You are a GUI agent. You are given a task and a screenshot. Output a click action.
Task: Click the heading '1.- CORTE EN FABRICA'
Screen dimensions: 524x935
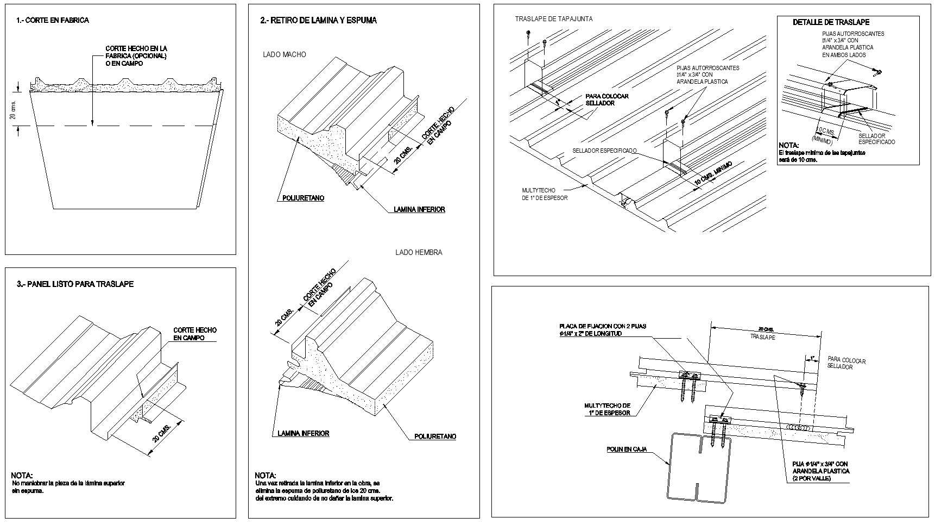tap(53, 20)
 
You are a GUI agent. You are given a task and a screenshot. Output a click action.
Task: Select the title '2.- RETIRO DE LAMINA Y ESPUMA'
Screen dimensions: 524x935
tap(318, 20)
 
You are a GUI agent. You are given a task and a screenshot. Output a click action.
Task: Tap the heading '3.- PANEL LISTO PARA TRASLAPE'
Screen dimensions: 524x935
tap(75, 284)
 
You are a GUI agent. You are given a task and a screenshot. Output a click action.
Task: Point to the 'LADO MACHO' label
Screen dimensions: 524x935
tap(284, 54)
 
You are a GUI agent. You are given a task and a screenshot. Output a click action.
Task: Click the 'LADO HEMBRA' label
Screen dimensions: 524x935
tap(418, 252)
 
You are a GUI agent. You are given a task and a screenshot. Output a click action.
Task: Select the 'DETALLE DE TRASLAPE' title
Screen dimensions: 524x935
tap(831, 22)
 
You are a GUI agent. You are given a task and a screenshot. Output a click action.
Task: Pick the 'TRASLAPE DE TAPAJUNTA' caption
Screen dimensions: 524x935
tap(554, 19)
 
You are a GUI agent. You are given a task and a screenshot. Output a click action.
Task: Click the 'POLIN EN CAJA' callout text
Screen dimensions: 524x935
tap(627, 450)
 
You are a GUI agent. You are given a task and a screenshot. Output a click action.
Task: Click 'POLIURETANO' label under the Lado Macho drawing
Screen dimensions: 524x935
tap(303, 198)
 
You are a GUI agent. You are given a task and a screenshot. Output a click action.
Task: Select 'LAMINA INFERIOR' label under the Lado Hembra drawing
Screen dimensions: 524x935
tap(303, 433)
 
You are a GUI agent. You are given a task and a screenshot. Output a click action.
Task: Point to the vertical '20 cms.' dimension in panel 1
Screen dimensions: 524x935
tap(14, 110)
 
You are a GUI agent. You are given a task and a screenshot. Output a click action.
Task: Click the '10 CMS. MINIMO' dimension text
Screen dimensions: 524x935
tap(713, 174)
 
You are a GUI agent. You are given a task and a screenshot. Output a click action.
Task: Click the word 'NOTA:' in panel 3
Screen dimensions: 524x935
tap(22, 475)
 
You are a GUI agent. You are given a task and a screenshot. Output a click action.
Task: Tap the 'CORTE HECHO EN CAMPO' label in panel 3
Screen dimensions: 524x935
tap(194, 334)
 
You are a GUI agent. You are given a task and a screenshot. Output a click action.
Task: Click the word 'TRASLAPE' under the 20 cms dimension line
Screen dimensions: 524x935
tap(762, 337)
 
